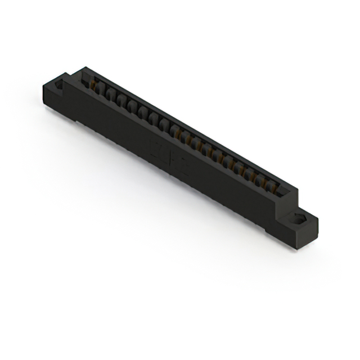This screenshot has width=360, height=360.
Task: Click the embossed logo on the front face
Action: (x=168, y=157)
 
